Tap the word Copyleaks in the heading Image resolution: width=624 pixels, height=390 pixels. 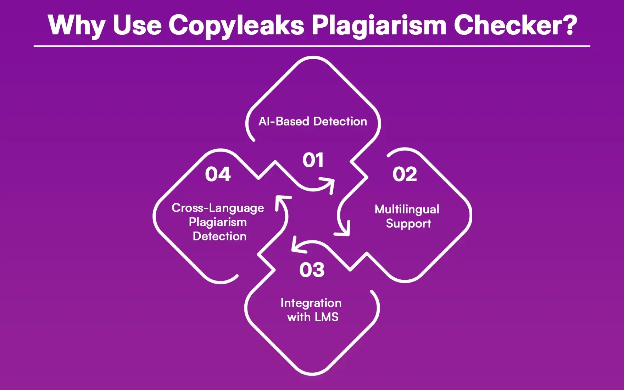pos(236,26)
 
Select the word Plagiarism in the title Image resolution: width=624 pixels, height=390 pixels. pos(379,26)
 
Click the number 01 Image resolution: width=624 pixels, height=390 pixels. pos(313,160)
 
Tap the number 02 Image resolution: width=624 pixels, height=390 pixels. pos(405,174)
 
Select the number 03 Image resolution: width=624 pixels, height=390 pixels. pos(312,270)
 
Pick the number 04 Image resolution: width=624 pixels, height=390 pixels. pos(218,174)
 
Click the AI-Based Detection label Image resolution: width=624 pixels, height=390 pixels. pos(313,122)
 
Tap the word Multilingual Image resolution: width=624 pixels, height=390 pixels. pos(407,209)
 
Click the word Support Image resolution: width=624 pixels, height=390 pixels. pos(408,224)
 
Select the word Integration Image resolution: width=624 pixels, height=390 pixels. pos(311,303)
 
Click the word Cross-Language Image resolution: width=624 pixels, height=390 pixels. pos(218,208)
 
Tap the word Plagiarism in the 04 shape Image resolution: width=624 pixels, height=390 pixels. pos(218,222)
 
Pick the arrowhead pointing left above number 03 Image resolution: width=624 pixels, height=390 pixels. pos(297,246)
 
